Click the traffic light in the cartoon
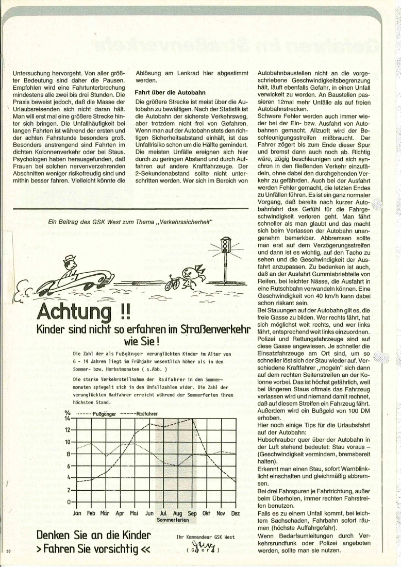click(x=225, y=247)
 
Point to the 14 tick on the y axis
click(x=67, y=419)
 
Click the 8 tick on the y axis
click(x=68, y=454)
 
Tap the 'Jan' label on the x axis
click(x=78, y=513)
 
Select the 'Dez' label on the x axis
click(x=235, y=513)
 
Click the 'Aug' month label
click(x=178, y=513)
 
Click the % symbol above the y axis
click(x=67, y=413)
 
